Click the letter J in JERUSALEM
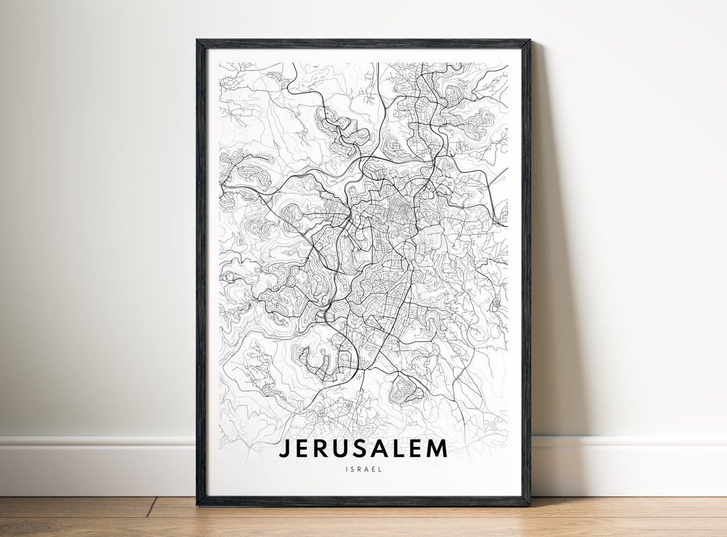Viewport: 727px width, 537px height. pos(285,448)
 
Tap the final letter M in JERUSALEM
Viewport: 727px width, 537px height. pos(438,448)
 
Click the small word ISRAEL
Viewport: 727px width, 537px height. pos(363,469)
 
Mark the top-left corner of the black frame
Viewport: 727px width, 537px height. pos(197,40)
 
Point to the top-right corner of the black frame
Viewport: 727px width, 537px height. pos(530,40)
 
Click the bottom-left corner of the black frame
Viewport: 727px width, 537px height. pos(197,504)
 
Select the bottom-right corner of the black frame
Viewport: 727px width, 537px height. pos(530,504)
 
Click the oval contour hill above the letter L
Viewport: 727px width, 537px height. pos(405,387)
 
